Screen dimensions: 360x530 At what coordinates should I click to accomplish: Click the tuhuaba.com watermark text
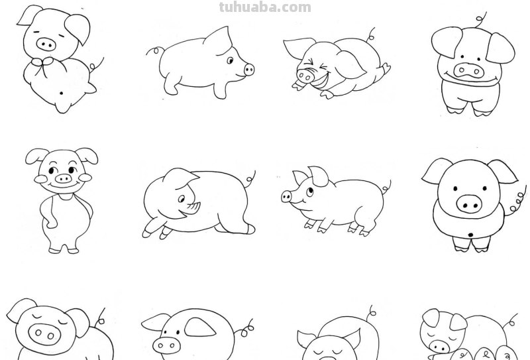pos(264,7)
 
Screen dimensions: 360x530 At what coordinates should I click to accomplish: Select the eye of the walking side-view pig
pos(230,60)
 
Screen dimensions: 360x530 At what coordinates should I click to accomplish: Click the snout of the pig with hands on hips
pos(62,178)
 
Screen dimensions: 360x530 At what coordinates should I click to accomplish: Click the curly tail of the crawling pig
pos(250,177)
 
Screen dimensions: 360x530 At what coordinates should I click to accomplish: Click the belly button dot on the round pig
pos(470,235)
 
